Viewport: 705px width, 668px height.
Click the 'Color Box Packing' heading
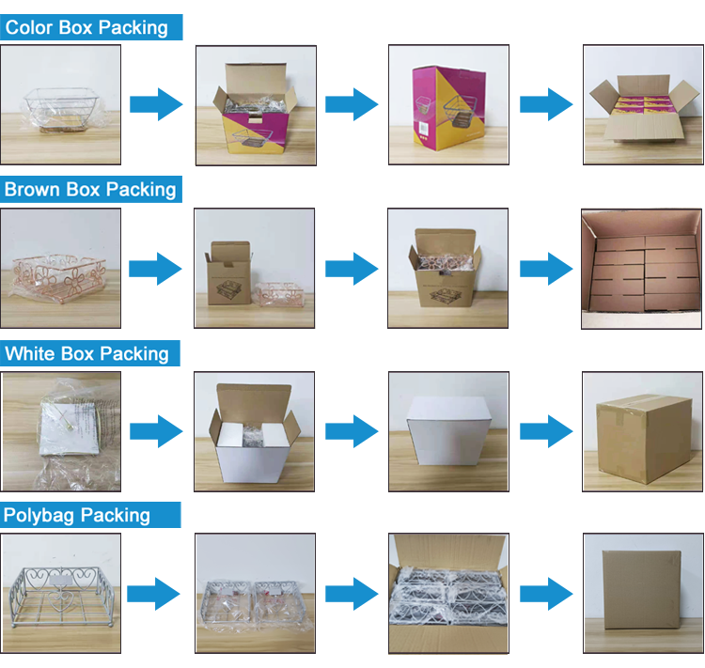coord(86,27)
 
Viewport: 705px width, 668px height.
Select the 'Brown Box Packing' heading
coord(90,189)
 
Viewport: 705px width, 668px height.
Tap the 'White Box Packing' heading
coord(86,353)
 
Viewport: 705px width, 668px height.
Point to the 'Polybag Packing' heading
coord(76,515)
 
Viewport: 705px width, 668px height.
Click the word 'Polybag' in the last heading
coord(39,515)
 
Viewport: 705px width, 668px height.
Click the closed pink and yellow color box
coord(448,107)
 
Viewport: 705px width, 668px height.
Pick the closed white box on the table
coord(448,431)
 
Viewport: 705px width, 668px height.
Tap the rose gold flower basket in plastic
coord(59,278)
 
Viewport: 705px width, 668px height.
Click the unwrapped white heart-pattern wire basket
coord(61,594)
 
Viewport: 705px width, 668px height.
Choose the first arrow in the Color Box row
coord(156,104)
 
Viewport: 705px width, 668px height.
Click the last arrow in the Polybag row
coord(546,595)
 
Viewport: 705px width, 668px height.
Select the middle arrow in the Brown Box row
coord(352,269)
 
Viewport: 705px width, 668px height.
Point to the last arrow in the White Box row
coord(546,431)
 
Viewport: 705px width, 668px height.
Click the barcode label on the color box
coord(424,128)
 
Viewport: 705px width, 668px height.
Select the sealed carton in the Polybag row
coord(642,590)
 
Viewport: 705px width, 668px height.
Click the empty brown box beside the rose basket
coord(228,273)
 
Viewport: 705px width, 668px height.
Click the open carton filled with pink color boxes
coord(644,109)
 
